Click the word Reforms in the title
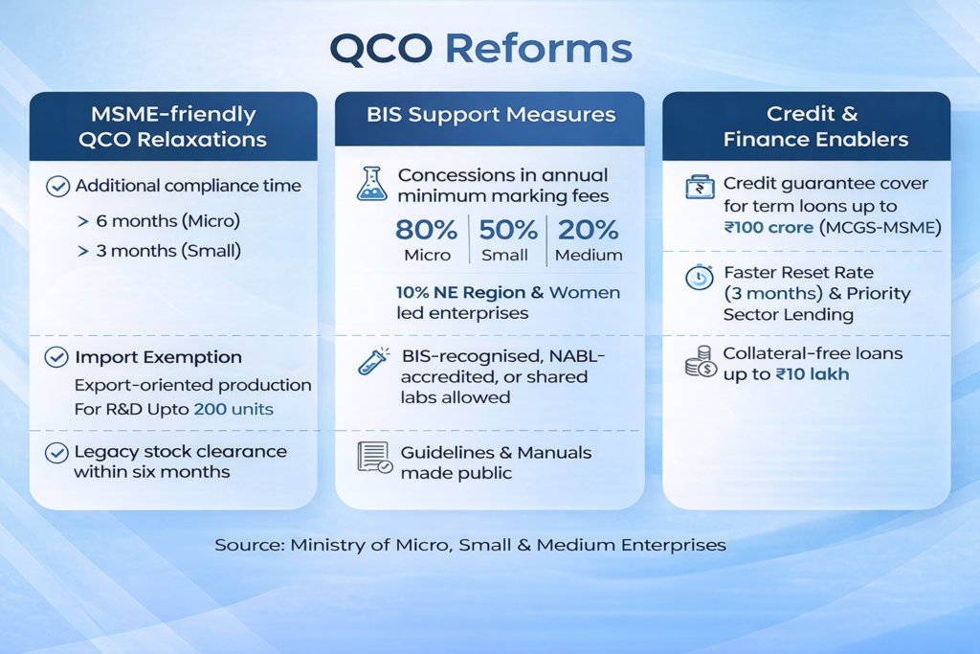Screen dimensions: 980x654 [x=538, y=48]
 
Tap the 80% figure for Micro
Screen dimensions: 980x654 [x=426, y=230]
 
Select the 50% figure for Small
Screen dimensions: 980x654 [x=507, y=230]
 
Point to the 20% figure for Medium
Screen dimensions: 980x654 [x=589, y=230]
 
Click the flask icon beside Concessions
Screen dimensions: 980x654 [x=372, y=184]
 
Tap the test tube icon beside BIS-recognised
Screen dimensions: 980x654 [x=374, y=361]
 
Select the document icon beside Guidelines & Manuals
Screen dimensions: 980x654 [x=375, y=457]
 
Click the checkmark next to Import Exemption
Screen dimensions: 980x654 [x=56, y=357]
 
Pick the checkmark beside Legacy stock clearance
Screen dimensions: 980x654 [x=56, y=453]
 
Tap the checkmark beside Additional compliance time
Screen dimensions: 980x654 [x=57, y=186]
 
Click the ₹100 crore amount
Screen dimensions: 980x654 [x=768, y=227]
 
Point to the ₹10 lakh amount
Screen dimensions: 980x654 [x=813, y=373]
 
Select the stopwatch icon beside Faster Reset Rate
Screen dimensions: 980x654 [x=700, y=277]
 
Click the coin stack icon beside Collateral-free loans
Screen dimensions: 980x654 [x=701, y=362]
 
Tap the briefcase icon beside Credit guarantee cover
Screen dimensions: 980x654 [x=700, y=187]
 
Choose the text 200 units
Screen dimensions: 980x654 [x=234, y=409]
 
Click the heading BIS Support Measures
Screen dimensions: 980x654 [x=491, y=114]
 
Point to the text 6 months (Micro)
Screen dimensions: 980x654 [x=168, y=220]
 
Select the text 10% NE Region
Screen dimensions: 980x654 [x=460, y=292]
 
